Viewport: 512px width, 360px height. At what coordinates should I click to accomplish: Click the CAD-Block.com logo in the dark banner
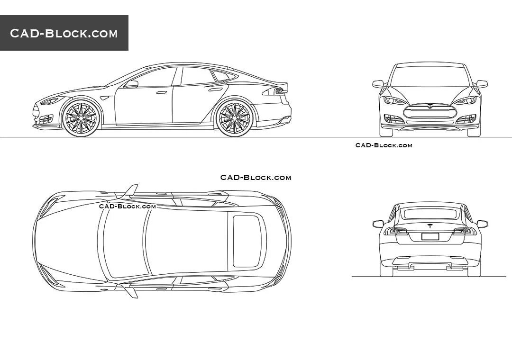click(x=64, y=33)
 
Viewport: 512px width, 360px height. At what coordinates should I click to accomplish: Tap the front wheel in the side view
click(x=81, y=118)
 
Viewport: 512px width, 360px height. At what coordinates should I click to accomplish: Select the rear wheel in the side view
click(x=233, y=117)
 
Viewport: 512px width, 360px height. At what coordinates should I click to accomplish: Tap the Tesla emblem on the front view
click(x=430, y=106)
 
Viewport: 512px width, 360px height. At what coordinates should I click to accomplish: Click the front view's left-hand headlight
click(x=394, y=100)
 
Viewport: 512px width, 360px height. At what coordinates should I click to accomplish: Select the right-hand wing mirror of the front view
click(x=482, y=84)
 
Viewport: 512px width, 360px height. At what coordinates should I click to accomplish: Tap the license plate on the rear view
click(x=430, y=237)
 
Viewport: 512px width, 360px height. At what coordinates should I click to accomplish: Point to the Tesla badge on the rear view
click(x=430, y=225)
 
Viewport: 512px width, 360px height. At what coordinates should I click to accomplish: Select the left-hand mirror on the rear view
click(x=378, y=224)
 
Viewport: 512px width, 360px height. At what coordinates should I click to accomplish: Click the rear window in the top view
click(x=247, y=240)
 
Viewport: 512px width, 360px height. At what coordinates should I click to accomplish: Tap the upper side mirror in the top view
click(x=130, y=191)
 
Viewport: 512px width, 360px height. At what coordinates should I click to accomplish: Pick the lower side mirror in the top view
click(x=131, y=291)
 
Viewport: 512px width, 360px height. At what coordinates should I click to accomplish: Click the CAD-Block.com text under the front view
click(x=384, y=145)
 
